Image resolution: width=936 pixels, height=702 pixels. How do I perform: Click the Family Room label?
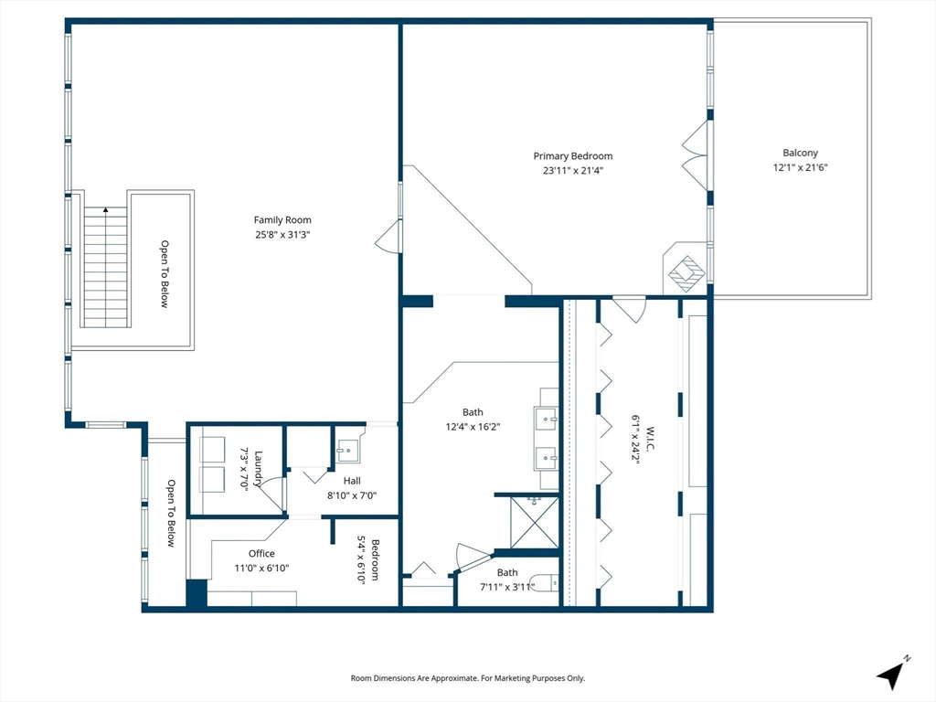click(x=282, y=219)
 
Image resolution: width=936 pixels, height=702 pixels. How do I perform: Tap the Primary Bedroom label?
click(x=573, y=155)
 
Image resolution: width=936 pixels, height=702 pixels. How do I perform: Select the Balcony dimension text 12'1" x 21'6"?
click(x=801, y=168)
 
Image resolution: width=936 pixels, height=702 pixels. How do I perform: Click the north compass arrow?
click(x=891, y=674)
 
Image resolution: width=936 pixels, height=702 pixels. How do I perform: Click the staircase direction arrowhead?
click(x=106, y=209)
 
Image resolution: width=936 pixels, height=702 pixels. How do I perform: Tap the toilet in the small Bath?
click(x=548, y=582)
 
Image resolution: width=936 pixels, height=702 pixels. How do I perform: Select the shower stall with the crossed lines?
click(x=535, y=522)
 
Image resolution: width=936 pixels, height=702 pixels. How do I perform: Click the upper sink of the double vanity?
click(x=547, y=419)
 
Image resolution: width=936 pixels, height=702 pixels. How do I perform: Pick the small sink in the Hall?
click(x=348, y=451)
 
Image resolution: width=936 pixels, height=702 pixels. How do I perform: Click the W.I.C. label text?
click(x=650, y=440)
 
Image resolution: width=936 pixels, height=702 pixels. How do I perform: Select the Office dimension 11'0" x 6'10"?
click(x=261, y=569)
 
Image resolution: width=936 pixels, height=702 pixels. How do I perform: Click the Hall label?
click(x=352, y=481)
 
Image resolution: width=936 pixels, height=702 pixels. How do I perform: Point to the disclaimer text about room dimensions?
click(x=468, y=678)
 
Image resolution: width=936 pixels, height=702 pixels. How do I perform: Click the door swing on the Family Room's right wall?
click(x=388, y=237)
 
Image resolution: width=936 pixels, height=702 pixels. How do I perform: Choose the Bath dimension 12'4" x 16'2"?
click(x=473, y=427)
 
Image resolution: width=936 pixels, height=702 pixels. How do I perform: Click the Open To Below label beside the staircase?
click(x=165, y=274)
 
